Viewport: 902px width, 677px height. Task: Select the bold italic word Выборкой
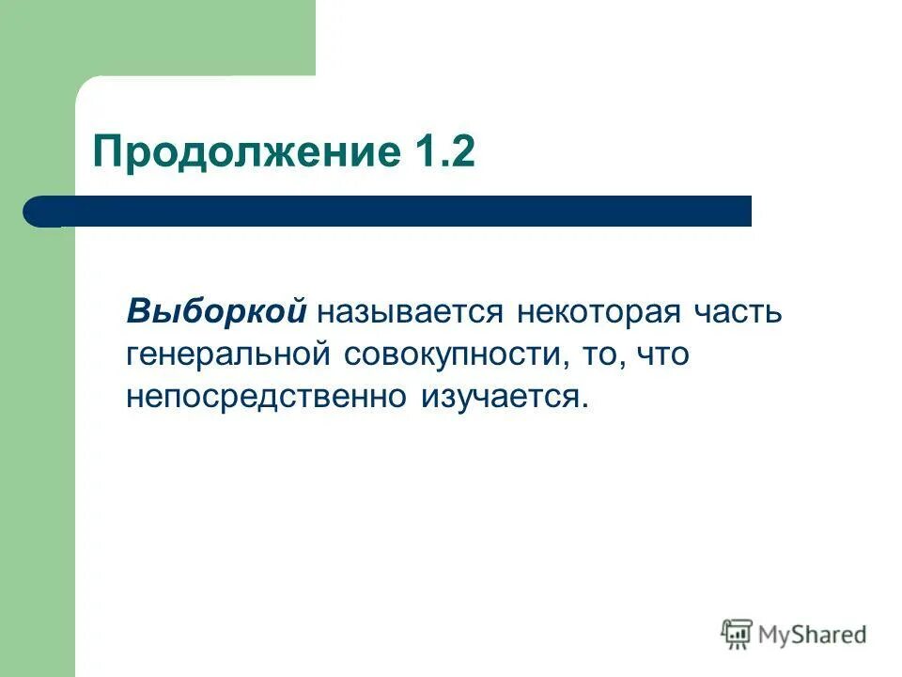218,311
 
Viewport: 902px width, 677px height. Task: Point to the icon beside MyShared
737,635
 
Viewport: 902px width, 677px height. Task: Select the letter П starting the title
107,150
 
